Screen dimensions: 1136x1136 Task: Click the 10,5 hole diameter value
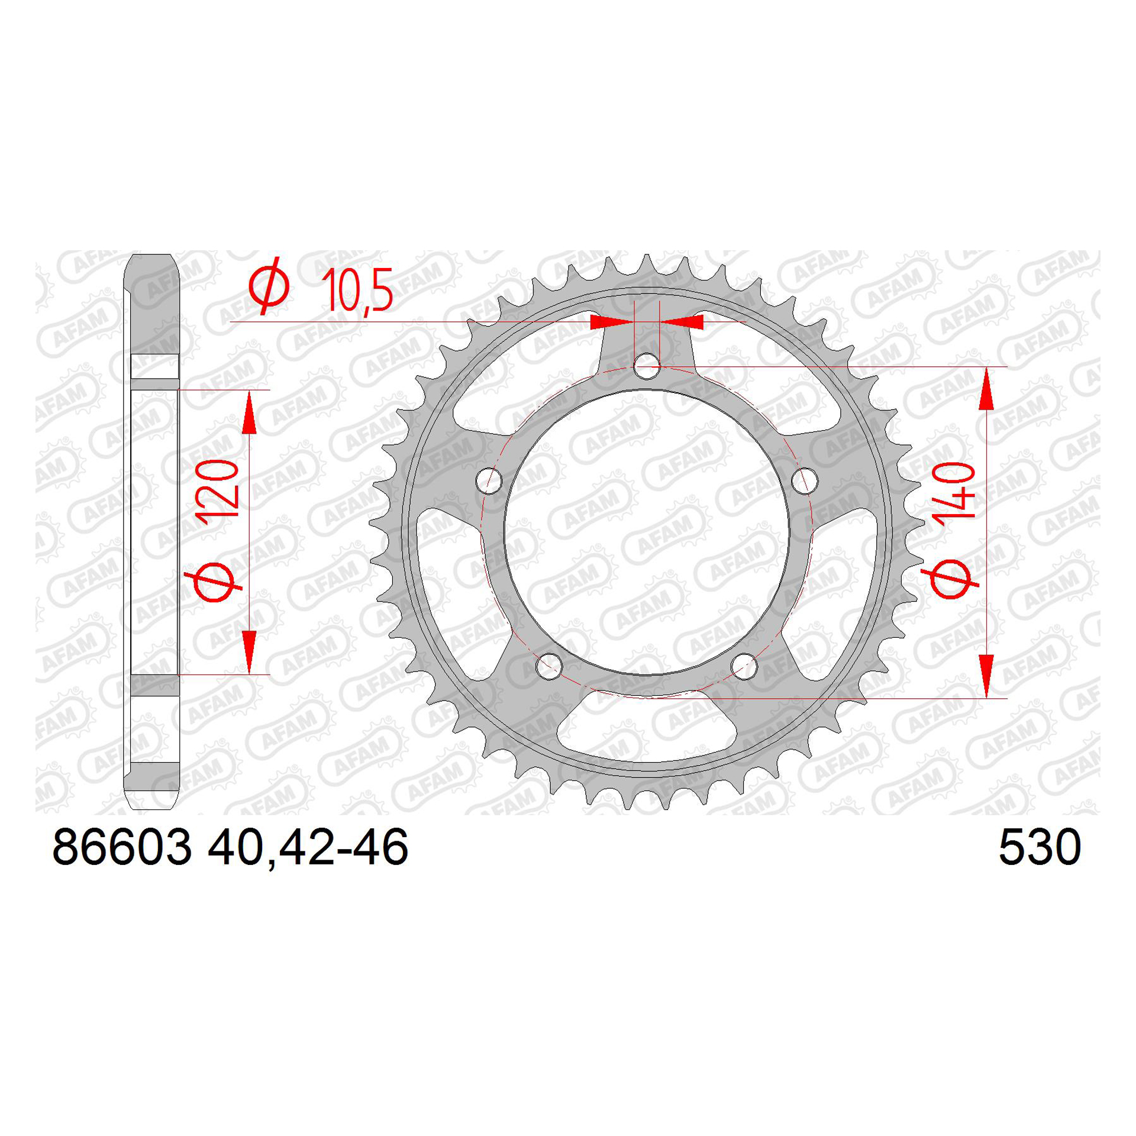click(x=357, y=289)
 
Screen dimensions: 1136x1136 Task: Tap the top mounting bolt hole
click(x=647, y=366)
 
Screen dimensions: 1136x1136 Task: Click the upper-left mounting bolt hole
click(x=489, y=480)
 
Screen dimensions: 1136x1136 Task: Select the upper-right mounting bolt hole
click(x=804, y=480)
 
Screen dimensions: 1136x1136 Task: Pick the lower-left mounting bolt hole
click(x=549, y=666)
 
